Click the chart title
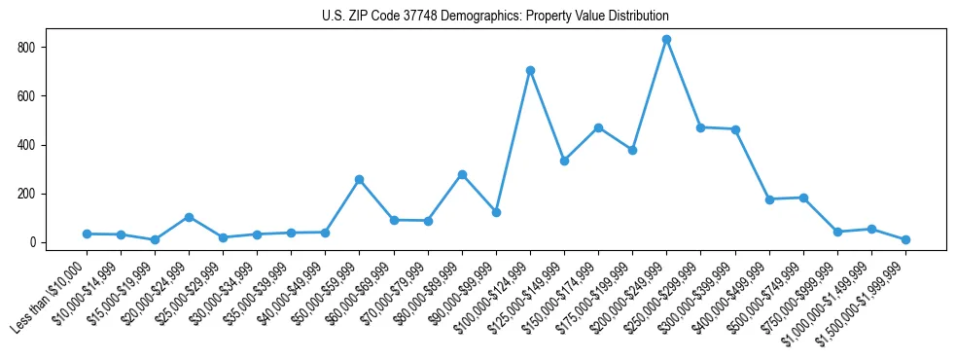pyautogui.click(x=495, y=17)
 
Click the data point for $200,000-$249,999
pyautogui.click(x=666, y=40)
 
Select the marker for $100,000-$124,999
pyautogui.click(x=530, y=70)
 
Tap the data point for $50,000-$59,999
pyautogui.click(x=359, y=179)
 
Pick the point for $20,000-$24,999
pyautogui.click(x=189, y=217)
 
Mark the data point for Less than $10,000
pyautogui.click(x=87, y=234)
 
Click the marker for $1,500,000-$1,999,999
pyautogui.click(x=905, y=239)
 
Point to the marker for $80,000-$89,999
pyautogui.click(x=462, y=174)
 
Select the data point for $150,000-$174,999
pyautogui.click(x=598, y=127)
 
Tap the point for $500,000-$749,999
pyautogui.click(x=803, y=198)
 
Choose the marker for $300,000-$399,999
pyautogui.click(x=735, y=129)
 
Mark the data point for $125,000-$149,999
pyautogui.click(x=564, y=161)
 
